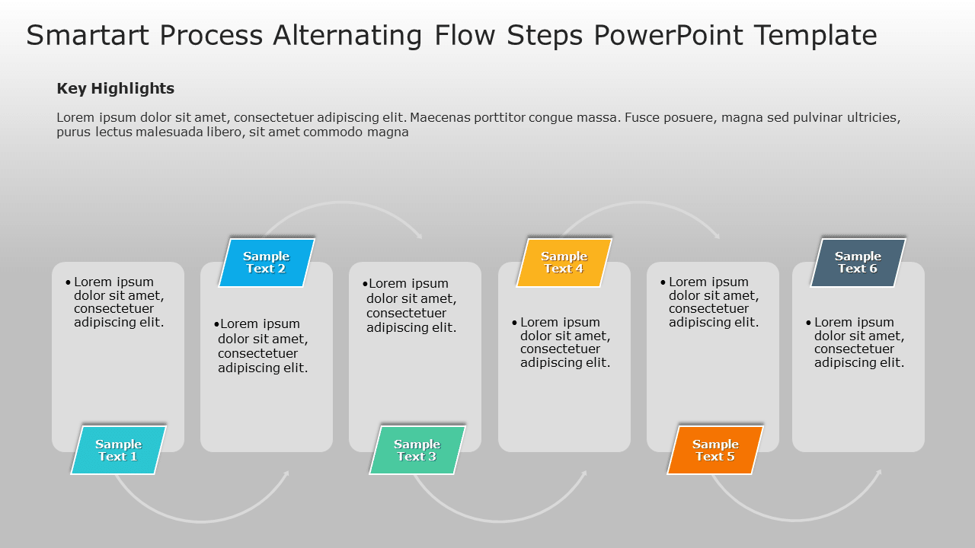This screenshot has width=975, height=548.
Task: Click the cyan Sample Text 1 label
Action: (118, 450)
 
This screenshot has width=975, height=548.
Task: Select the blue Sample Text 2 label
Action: (266, 263)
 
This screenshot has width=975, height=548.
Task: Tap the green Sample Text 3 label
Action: (417, 450)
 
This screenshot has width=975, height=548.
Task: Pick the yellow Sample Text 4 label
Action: (564, 263)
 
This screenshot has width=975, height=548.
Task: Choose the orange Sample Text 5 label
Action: (715, 450)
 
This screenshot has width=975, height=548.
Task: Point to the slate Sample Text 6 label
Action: (858, 263)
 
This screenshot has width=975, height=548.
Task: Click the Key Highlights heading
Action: (115, 88)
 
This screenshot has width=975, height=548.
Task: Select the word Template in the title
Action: (815, 36)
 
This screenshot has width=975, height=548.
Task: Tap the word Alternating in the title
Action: (347, 36)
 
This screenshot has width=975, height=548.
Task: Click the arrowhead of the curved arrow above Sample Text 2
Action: (419, 236)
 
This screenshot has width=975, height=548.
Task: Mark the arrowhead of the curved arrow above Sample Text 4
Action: (717, 236)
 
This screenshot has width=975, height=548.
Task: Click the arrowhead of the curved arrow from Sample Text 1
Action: (286, 473)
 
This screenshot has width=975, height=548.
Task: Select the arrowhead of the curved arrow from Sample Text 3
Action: (584, 473)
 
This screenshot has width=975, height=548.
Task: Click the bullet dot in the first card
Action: (69, 282)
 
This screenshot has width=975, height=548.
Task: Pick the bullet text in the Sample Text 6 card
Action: (858, 342)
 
